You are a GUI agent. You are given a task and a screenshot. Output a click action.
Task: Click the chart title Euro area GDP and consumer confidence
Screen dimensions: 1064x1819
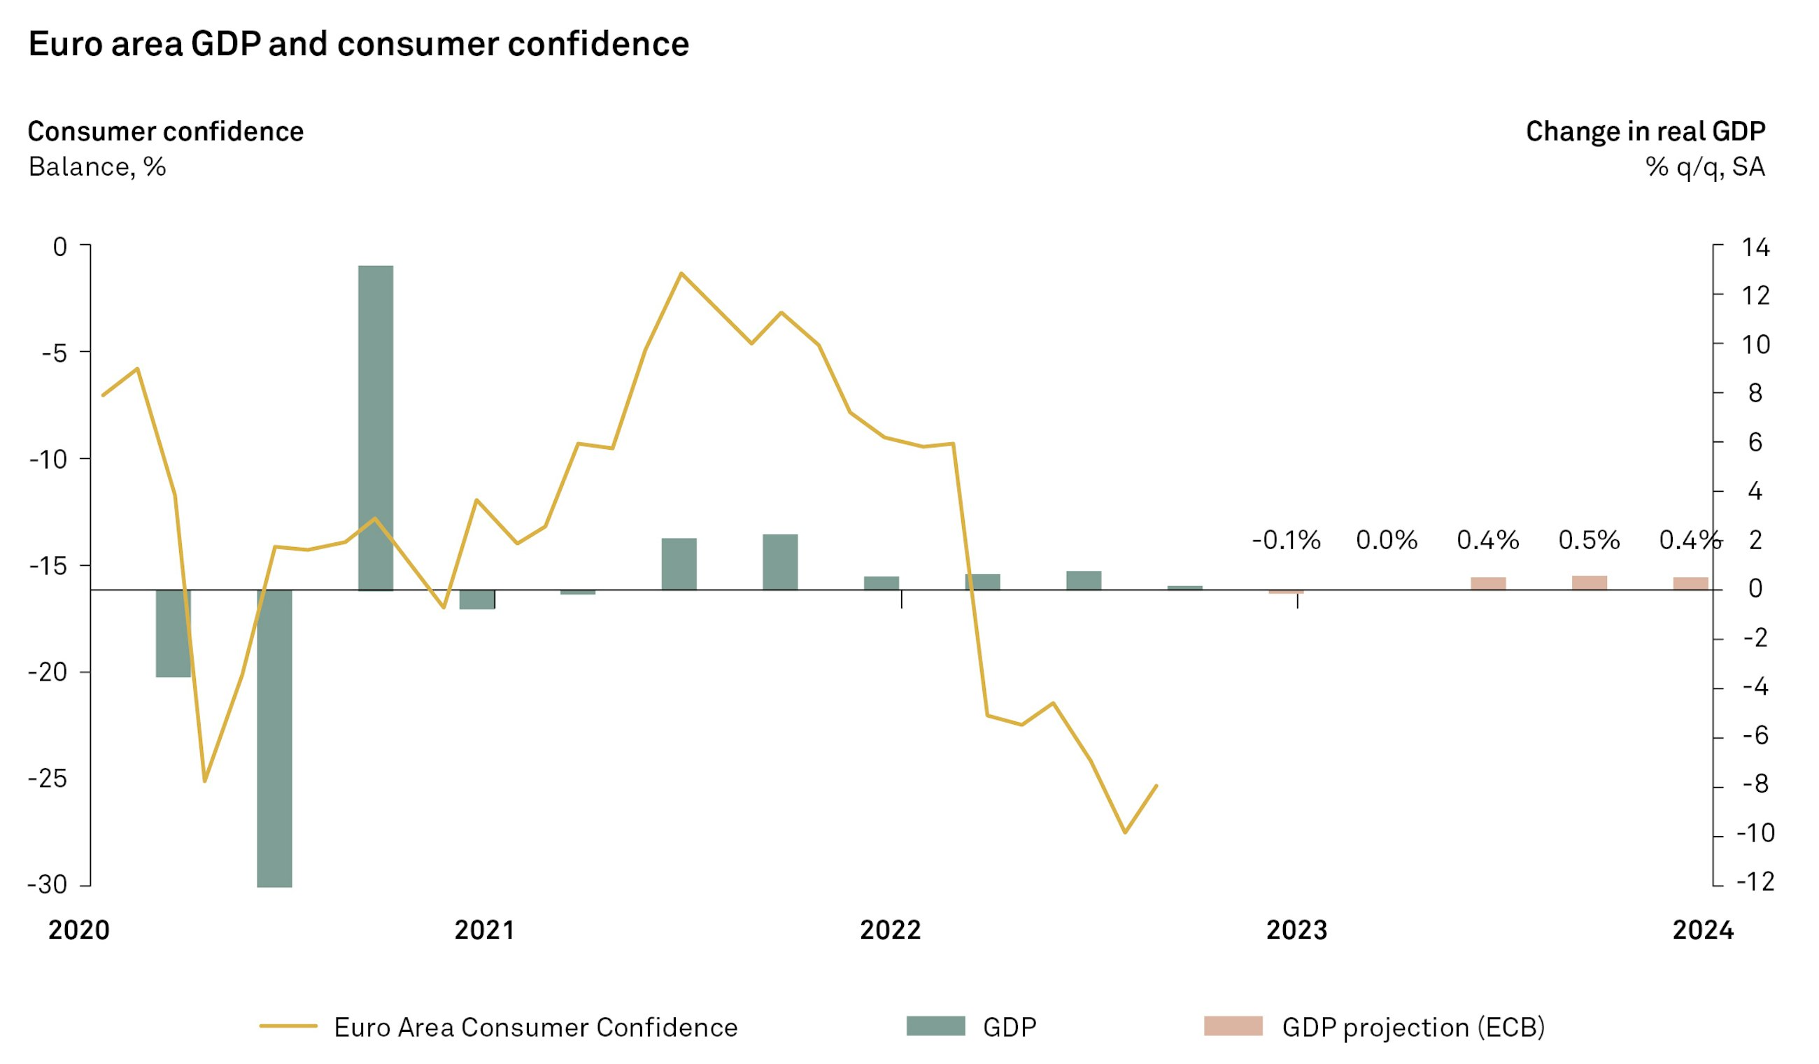click(359, 44)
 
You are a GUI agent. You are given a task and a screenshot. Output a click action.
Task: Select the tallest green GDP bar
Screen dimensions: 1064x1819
click(376, 427)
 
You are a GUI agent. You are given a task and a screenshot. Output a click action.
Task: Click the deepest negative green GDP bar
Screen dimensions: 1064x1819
click(274, 738)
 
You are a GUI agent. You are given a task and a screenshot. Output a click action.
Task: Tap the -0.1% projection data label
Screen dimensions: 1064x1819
click(1286, 540)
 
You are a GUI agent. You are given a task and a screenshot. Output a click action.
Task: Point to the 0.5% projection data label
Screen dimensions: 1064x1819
click(1589, 540)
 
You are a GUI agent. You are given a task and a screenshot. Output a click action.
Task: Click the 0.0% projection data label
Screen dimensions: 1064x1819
click(1386, 540)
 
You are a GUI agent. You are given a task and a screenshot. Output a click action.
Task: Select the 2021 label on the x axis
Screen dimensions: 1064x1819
click(484, 930)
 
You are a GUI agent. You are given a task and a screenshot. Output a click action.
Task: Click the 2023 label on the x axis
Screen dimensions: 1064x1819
click(1296, 930)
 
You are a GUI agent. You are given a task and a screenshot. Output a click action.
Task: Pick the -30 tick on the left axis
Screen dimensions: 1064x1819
click(47, 884)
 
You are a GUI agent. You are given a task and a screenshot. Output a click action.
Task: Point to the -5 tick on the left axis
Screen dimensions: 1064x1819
click(54, 353)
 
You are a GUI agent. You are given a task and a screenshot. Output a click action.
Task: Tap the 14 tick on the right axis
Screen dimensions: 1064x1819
click(1755, 248)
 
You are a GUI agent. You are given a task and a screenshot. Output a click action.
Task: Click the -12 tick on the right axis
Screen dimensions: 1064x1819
click(1755, 881)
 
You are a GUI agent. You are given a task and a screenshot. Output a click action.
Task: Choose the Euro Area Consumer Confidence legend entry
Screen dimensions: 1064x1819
click(535, 1027)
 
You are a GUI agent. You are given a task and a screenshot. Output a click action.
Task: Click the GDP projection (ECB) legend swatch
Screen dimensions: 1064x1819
click(1233, 1026)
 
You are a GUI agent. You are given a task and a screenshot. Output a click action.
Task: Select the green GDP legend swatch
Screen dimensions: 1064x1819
click(935, 1026)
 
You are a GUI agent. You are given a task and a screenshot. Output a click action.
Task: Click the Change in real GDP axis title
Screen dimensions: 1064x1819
click(1645, 132)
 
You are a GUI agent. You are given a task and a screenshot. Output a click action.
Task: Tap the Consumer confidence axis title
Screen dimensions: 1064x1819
click(165, 132)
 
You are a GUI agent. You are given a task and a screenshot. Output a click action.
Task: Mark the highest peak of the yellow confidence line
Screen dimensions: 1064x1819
click(681, 274)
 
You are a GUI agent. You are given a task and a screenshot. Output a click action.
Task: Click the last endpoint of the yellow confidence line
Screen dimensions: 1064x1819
click(1156, 786)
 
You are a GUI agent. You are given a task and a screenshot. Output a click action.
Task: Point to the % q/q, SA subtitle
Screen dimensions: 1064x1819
click(1704, 166)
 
